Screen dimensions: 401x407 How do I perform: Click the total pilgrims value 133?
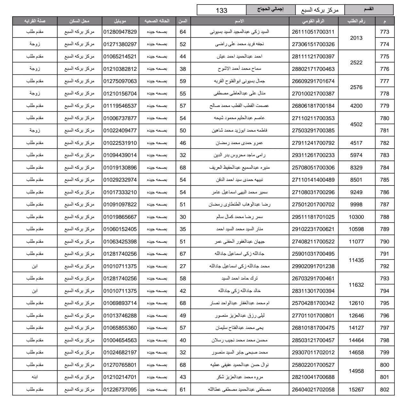pyautogui.click(x=221, y=10)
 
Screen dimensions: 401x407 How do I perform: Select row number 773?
pyautogui.click(x=384, y=32)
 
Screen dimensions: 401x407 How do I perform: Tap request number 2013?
pyautogui.click(x=356, y=38)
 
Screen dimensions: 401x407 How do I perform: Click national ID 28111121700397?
pyautogui.click(x=313, y=56)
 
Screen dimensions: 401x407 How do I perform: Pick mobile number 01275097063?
pyautogui.click(x=120, y=81)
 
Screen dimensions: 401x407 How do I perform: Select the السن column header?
pyautogui.click(x=183, y=21)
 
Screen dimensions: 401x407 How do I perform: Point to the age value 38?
pyautogui.click(x=183, y=69)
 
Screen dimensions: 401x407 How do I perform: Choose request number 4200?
pyautogui.click(x=356, y=106)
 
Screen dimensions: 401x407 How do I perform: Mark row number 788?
pyautogui.click(x=384, y=217)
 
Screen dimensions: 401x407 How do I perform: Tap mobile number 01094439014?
pyautogui.click(x=120, y=155)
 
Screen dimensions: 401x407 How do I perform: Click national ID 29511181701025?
pyautogui.click(x=313, y=217)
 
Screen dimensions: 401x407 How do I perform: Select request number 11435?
pyautogui.click(x=356, y=260)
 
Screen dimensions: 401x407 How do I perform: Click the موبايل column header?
pyautogui.click(x=120, y=21)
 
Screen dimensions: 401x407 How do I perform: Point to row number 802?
pyautogui.click(x=384, y=389)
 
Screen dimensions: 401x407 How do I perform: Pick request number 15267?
pyautogui.click(x=356, y=389)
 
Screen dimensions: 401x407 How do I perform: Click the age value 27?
pyautogui.click(x=183, y=266)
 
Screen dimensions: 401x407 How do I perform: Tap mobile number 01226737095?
pyautogui.click(x=120, y=389)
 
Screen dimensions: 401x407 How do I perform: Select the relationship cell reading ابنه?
pyautogui.click(x=35, y=377)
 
